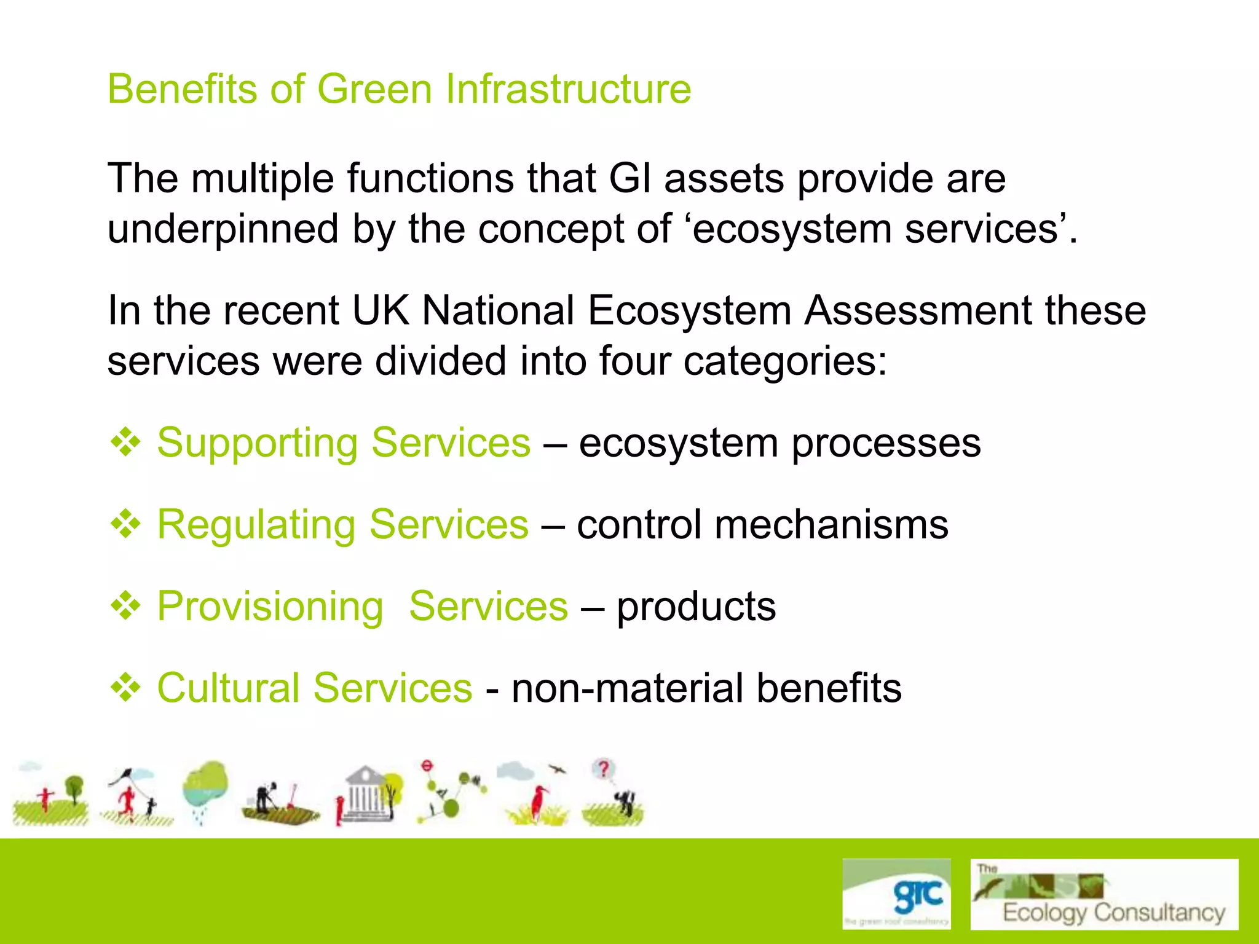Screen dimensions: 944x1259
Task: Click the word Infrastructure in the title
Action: click(568, 89)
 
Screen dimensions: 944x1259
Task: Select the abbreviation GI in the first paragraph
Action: click(629, 178)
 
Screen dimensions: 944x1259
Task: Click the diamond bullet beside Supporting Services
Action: click(126, 442)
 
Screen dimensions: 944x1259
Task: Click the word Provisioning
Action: click(270, 607)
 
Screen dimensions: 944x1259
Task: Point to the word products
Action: click(696, 607)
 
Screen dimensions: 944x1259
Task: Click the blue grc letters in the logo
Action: click(918, 895)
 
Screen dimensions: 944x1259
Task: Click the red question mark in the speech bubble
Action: click(604, 768)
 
